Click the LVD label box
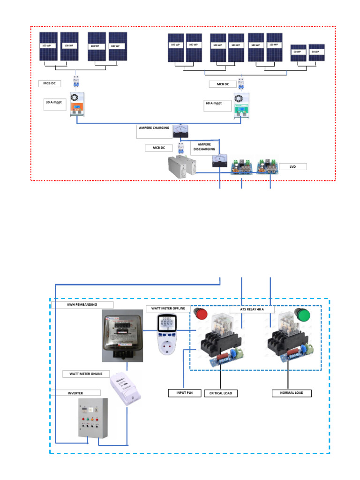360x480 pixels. click(292, 166)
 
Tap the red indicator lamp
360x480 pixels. click(202, 314)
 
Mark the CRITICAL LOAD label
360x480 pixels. click(220, 393)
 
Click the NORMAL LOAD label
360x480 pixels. click(292, 393)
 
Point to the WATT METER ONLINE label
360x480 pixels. click(86, 374)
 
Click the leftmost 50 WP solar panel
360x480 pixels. click(298, 54)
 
